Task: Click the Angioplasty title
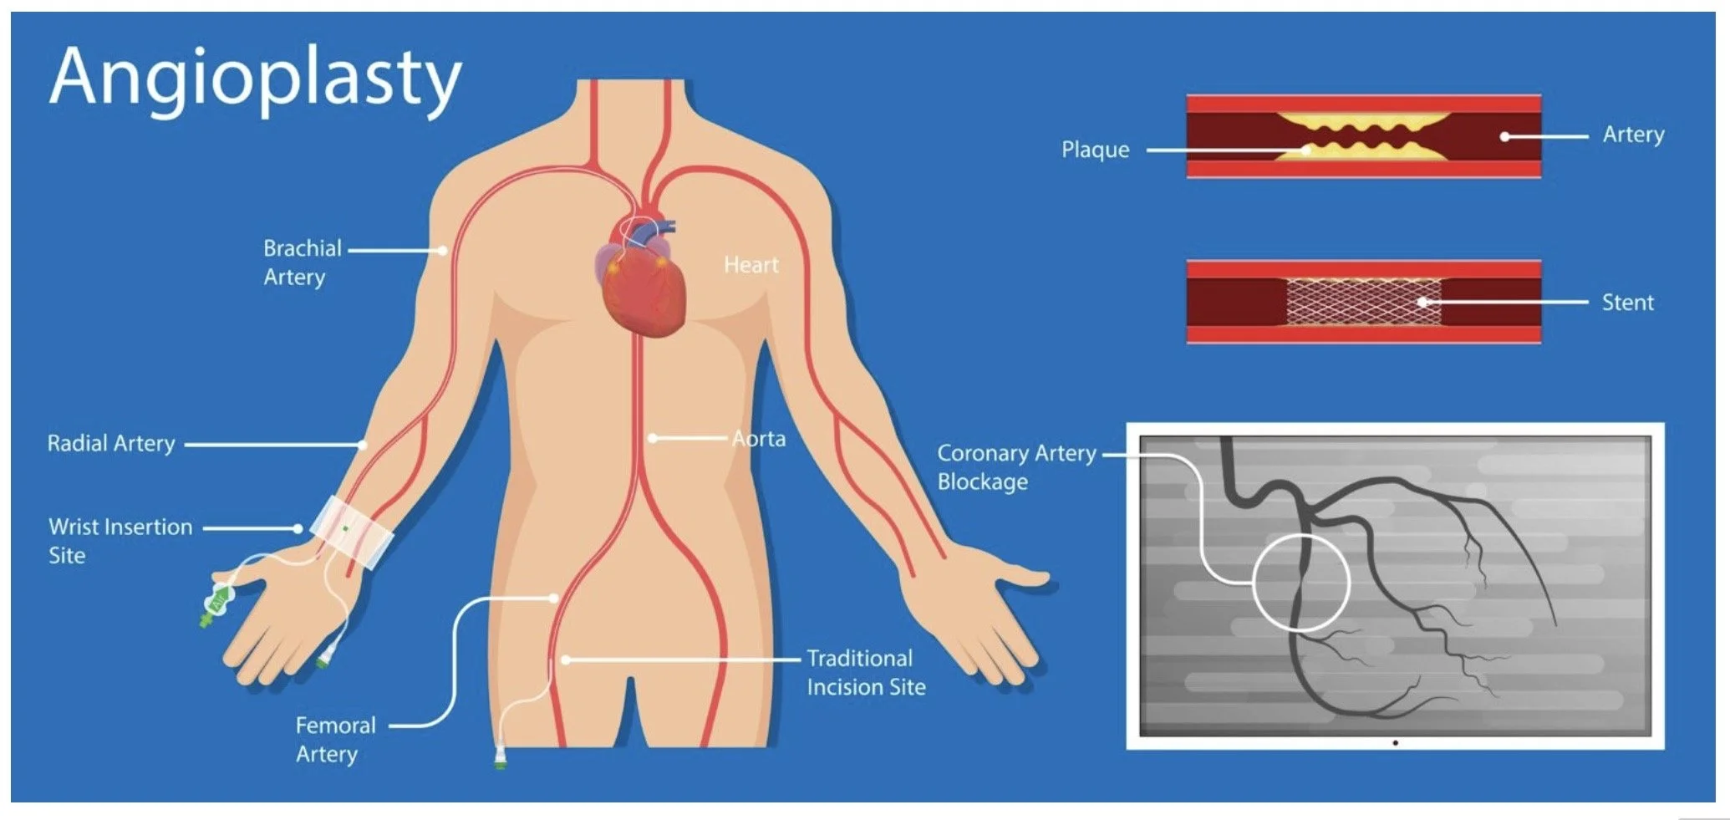(x=255, y=78)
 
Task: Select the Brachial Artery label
(x=302, y=262)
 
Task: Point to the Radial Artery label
(x=110, y=443)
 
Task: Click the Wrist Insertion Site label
(x=120, y=541)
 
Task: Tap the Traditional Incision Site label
(x=866, y=672)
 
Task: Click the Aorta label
(x=759, y=439)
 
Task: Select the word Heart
(x=751, y=265)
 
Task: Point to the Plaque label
(x=1095, y=150)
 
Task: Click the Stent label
(x=1627, y=303)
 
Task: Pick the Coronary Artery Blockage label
(x=1015, y=466)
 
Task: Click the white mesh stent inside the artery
(x=1362, y=302)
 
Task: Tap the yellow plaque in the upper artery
(x=1362, y=125)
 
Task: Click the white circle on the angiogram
(x=1301, y=582)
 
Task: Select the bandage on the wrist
(x=352, y=530)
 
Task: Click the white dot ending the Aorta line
(x=653, y=438)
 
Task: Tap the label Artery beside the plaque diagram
(x=1633, y=135)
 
